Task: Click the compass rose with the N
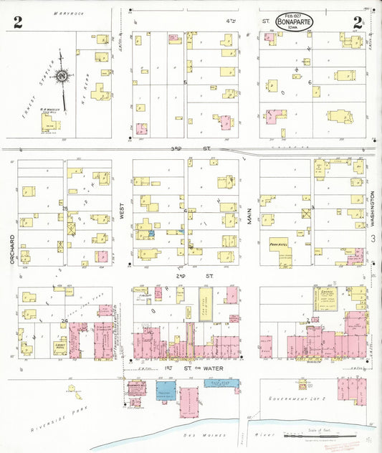coord(62,77)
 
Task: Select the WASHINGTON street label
coord(373,209)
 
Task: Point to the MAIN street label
coord(250,216)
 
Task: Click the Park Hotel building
coord(279,244)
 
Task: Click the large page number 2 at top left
coord(17,22)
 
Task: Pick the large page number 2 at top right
coord(356,22)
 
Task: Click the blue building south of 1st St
coord(166,391)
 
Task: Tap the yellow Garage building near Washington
coord(327,300)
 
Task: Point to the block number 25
coord(65,209)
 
